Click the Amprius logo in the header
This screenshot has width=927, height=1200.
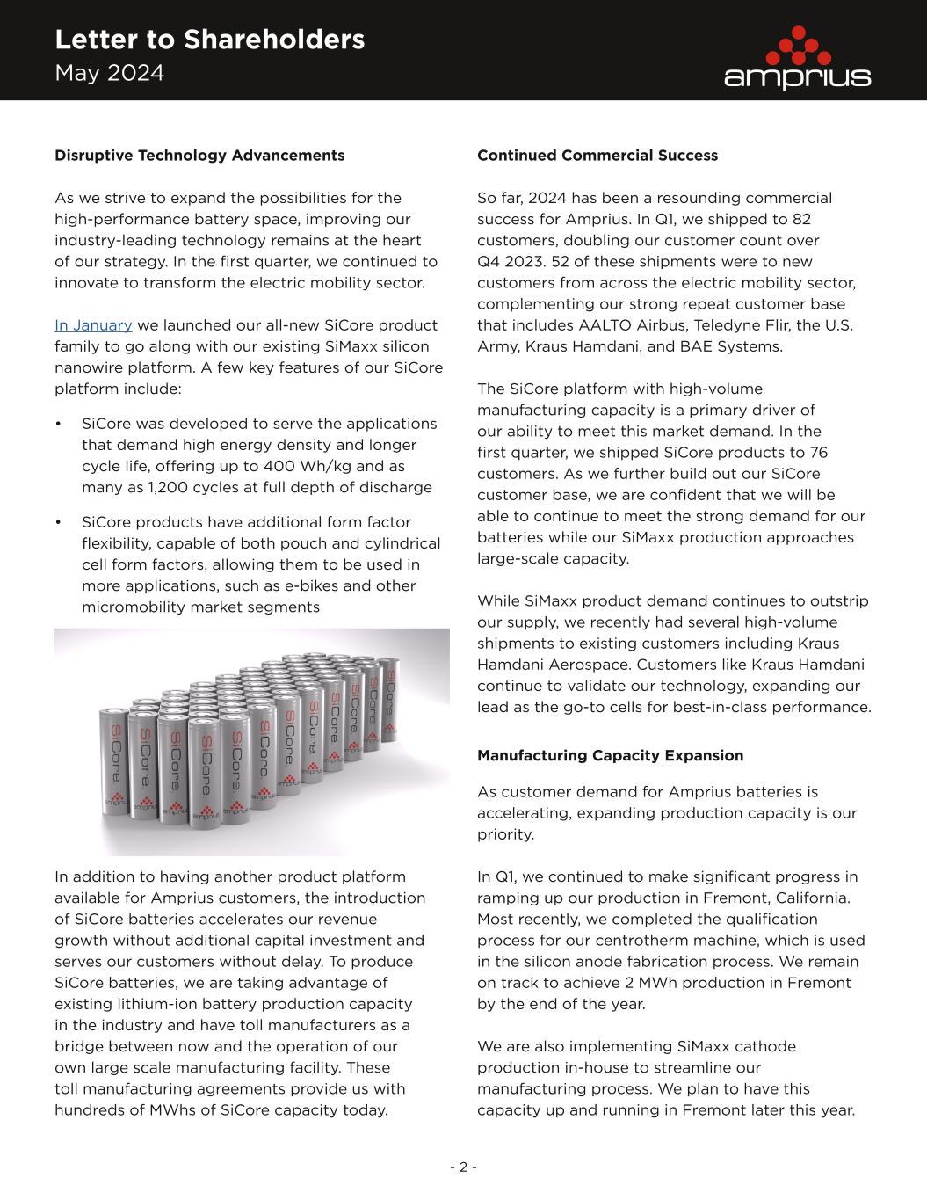(x=797, y=58)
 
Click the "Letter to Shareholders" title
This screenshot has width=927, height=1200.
(x=209, y=40)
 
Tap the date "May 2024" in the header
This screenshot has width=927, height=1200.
(x=109, y=73)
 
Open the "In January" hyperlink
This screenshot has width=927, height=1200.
(x=93, y=325)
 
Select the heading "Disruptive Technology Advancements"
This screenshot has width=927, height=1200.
(x=199, y=156)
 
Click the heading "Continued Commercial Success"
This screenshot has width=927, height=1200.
(x=597, y=156)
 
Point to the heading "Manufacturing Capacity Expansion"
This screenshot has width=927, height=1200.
(x=610, y=756)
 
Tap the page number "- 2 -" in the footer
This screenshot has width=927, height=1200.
(x=463, y=1167)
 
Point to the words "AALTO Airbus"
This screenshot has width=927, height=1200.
(x=626, y=325)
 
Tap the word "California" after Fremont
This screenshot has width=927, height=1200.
(x=814, y=898)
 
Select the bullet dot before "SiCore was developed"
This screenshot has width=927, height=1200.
(x=58, y=425)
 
